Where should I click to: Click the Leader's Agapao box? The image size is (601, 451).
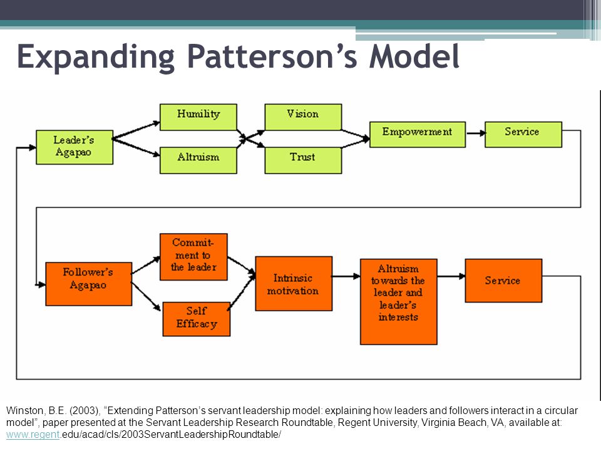coord(74,147)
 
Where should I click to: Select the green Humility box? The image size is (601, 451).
coord(198,117)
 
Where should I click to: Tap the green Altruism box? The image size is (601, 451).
coord(198,160)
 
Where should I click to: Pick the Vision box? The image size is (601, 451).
coord(303,117)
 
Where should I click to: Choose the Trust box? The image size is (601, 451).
coord(303,160)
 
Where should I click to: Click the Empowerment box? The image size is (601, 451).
coord(418,135)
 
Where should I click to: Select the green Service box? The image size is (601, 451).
coord(523,135)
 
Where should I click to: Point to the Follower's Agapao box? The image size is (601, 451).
coord(88,284)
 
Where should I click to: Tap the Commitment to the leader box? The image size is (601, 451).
coord(193,257)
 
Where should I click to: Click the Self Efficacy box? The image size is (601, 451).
coord(196,319)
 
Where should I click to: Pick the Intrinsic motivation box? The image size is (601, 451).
coord(294,283)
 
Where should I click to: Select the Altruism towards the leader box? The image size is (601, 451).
coord(399,301)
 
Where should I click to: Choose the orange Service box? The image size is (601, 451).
coord(503,281)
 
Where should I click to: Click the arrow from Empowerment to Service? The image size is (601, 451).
coord(476,133)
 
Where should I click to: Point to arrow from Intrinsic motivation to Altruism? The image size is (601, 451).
coord(346,276)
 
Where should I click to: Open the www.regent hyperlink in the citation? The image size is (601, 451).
coord(33,435)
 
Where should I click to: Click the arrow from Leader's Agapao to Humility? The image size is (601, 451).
coord(136,130)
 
